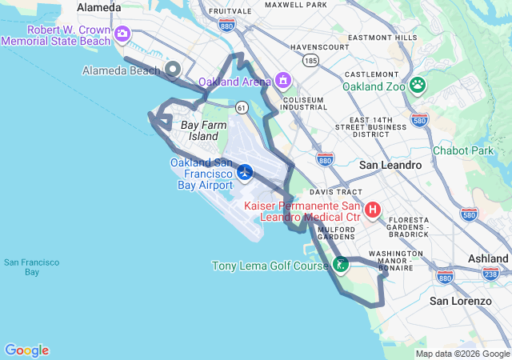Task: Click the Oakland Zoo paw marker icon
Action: point(417,84)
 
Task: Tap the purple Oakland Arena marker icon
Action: point(282,81)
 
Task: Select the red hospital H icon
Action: point(373,210)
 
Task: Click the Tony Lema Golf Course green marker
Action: point(341,263)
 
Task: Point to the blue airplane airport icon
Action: point(245,171)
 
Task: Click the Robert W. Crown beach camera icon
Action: point(122,34)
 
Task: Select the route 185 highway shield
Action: point(310,61)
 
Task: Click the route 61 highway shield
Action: point(242,106)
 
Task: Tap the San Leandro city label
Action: point(390,165)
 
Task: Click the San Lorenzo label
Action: point(460,301)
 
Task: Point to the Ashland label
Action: point(488,259)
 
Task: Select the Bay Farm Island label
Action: point(199,130)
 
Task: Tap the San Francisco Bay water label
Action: point(22,267)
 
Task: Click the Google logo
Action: point(26,350)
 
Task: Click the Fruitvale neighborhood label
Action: point(230,12)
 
